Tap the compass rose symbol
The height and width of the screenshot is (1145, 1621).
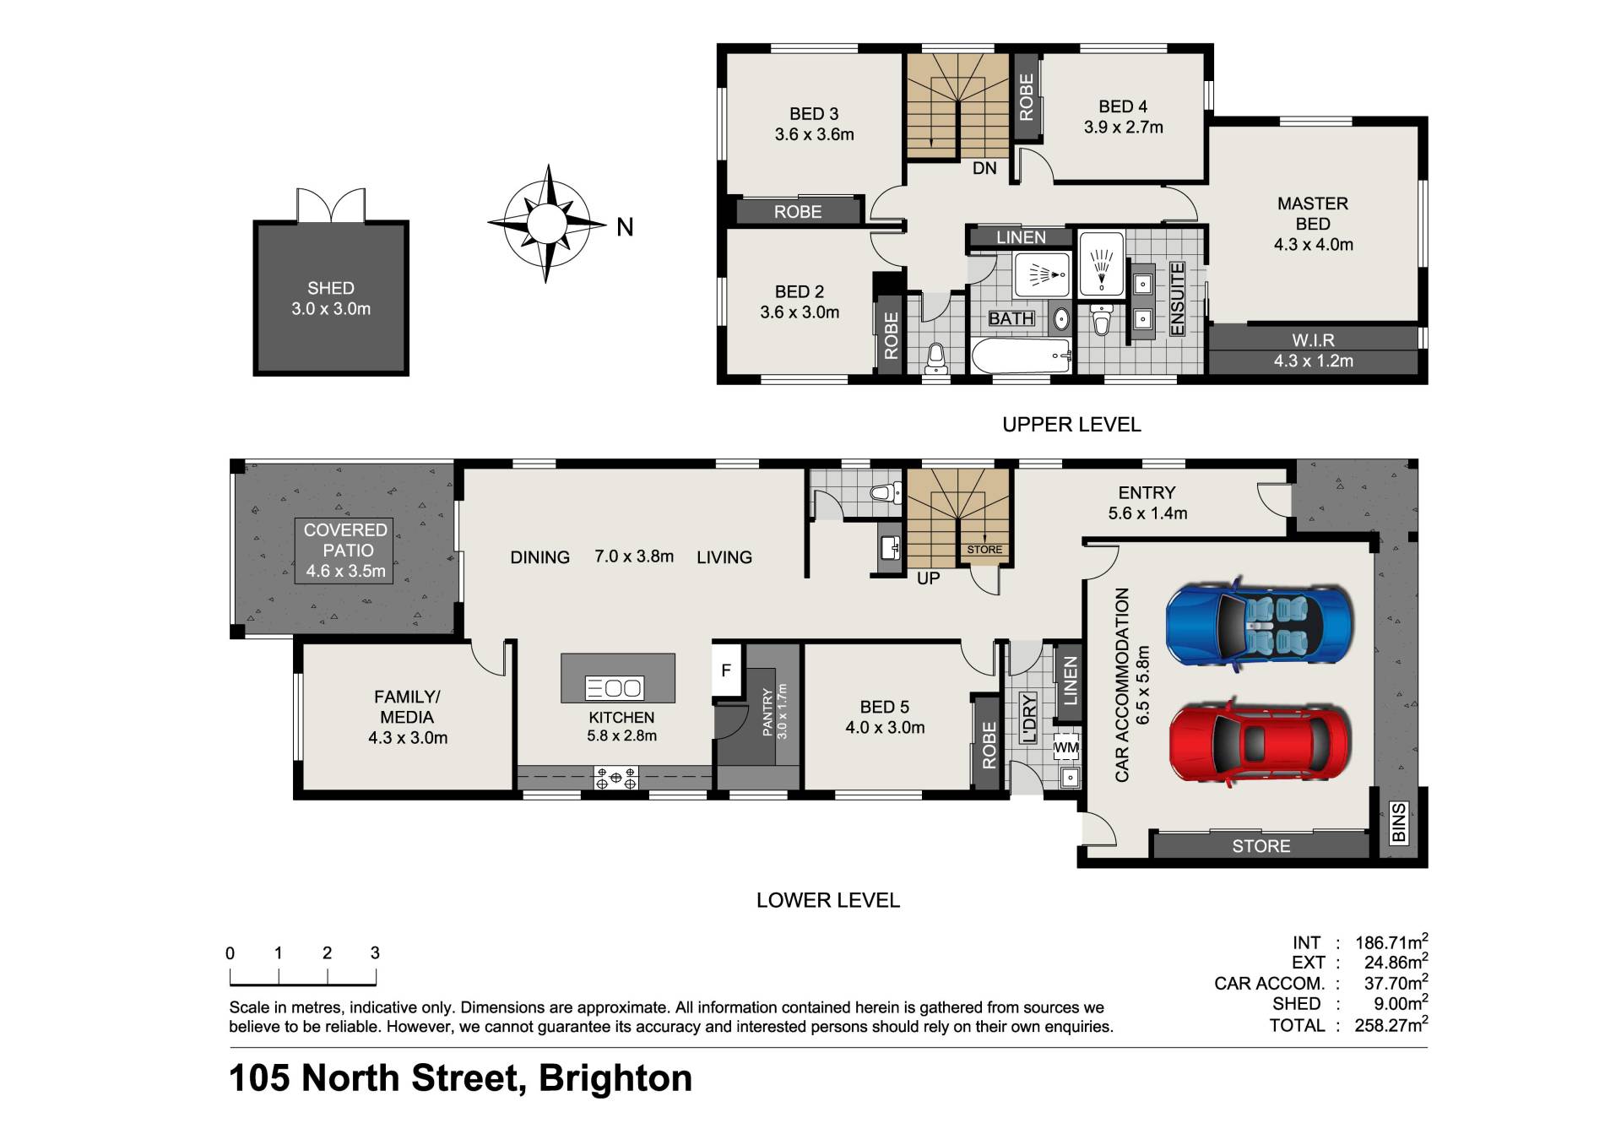pyautogui.click(x=547, y=224)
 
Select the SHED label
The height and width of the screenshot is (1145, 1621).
pyautogui.click(x=331, y=289)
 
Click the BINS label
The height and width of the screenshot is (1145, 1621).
pyautogui.click(x=1398, y=823)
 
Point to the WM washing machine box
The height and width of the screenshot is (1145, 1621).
pyautogui.click(x=1066, y=747)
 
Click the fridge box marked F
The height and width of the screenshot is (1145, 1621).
pyautogui.click(x=726, y=670)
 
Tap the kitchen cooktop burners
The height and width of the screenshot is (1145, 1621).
pyautogui.click(x=615, y=778)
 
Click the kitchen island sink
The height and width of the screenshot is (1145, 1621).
pyautogui.click(x=615, y=688)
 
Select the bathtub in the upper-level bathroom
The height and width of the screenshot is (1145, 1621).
pyautogui.click(x=1022, y=356)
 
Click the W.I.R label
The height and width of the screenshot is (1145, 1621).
pyautogui.click(x=1313, y=340)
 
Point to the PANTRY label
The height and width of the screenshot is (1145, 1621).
pyautogui.click(x=767, y=712)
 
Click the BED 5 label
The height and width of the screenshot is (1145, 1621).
pyautogui.click(x=885, y=708)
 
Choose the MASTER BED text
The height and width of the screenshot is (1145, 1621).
pyautogui.click(x=1313, y=214)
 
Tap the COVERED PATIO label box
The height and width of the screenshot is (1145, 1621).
pyautogui.click(x=345, y=551)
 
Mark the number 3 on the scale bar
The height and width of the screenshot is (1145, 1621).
pyautogui.click(x=375, y=953)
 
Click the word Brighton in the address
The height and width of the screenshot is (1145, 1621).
pyautogui.click(x=615, y=1078)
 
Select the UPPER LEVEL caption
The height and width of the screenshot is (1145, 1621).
pyautogui.click(x=1071, y=425)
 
